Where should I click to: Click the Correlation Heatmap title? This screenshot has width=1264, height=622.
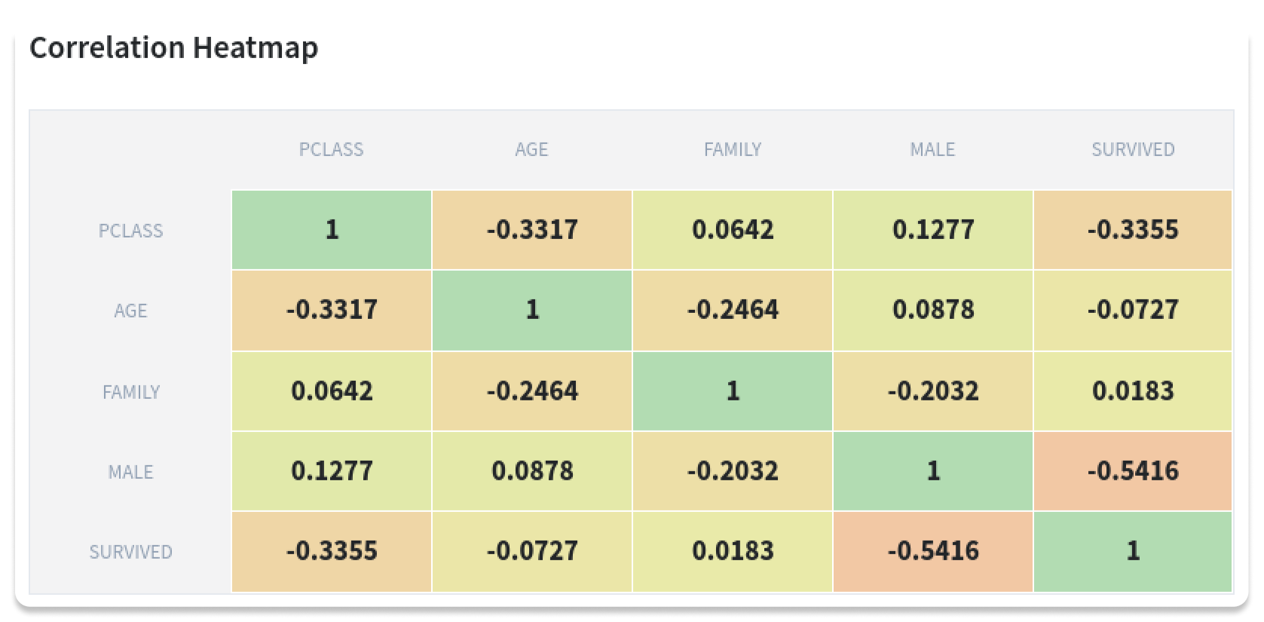tap(173, 47)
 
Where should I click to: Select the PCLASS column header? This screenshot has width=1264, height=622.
tap(331, 149)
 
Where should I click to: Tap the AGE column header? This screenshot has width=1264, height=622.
tap(531, 149)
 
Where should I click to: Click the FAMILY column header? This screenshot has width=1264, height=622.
tap(732, 149)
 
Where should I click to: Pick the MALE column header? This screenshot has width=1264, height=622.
tap(932, 149)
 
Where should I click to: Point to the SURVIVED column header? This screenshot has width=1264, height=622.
tap(1133, 149)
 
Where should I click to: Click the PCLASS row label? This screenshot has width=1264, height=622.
tap(130, 231)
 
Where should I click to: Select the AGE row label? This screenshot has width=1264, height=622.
tap(130, 311)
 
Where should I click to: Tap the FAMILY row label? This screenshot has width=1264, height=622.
tap(130, 392)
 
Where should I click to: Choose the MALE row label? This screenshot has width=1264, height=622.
tap(130, 472)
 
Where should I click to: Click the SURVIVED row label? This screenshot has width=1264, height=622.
tap(130, 552)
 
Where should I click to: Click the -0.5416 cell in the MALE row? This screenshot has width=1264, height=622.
tap(1133, 471)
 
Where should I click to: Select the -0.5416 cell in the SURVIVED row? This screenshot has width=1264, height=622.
tap(932, 551)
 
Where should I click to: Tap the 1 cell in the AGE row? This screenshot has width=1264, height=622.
tap(531, 310)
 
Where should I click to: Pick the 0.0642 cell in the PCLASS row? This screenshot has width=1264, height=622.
tap(732, 230)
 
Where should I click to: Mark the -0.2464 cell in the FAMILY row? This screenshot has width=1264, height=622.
tap(531, 391)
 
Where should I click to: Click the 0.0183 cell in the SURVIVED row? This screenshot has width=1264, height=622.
tap(732, 551)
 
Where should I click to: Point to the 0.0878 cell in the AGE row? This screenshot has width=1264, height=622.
tap(932, 310)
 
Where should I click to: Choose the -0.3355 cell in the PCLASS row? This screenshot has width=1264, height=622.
tap(1133, 230)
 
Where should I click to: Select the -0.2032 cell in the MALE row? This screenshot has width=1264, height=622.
tap(732, 471)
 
